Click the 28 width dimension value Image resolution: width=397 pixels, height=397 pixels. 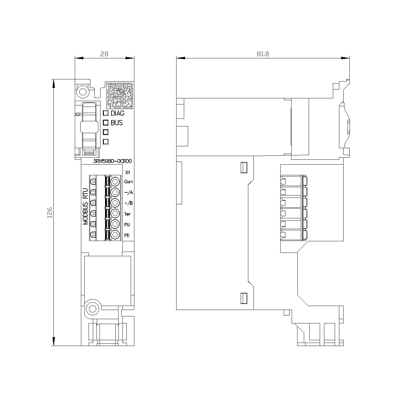point(104,54)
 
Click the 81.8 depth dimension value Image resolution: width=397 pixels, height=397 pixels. point(263,54)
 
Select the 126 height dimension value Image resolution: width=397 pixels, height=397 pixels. point(50,213)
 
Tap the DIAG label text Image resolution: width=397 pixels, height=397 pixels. point(118,113)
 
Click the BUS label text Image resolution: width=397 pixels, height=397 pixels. point(117,123)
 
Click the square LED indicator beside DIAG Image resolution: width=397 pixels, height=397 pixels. point(106,113)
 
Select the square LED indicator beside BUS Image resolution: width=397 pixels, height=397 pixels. point(106,123)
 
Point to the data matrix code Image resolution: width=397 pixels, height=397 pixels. point(120,95)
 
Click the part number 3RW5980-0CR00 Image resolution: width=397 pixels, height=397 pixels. point(112,162)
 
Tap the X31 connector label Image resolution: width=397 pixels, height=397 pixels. point(78,115)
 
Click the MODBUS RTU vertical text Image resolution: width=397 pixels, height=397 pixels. point(86,206)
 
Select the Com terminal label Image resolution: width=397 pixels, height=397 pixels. point(129,182)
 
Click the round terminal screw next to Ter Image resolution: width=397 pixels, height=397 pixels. point(115,213)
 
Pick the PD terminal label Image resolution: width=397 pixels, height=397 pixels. point(127,235)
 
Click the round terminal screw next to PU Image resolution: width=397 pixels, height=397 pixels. point(115,224)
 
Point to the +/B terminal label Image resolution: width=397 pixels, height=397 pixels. point(129,203)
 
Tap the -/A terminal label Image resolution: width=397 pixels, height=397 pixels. point(129,192)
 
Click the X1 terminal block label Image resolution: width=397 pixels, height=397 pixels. point(128,172)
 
